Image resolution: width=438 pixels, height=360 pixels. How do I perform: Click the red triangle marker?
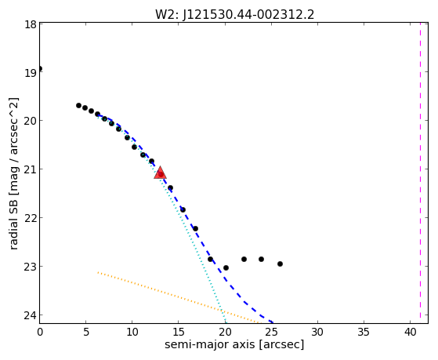(x=160, y=173)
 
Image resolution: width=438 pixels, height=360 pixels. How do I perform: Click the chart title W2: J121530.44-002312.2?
(x=234, y=15)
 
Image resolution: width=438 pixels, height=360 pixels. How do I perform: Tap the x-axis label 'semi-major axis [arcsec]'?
(x=234, y=344)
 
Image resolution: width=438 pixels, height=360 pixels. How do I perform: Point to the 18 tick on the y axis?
(x=31, y=24)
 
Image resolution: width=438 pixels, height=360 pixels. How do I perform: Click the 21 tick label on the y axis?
(x=31, y=169)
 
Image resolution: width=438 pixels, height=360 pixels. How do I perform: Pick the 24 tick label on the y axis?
(x=31, y=315)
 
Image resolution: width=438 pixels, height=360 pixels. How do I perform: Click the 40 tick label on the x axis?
(x=410, y=333)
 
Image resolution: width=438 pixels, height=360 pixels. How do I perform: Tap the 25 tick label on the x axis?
(x=271, y=333)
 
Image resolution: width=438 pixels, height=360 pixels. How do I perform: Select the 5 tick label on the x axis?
(x=86, y=333)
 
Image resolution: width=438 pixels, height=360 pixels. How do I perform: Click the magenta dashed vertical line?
(x=420, y=173)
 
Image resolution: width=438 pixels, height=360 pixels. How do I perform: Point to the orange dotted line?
(x=178, y=297)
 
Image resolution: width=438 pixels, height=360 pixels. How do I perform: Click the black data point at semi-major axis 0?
(x=40, y=68)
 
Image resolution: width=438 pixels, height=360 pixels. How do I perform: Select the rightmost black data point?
(x=280, y=264)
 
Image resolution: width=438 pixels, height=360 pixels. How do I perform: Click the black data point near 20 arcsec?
(x=226, y=267)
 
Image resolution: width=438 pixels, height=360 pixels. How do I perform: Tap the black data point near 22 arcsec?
(x=244, y=259)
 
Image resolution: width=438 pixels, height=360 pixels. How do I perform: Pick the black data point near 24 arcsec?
(x=261, y=259)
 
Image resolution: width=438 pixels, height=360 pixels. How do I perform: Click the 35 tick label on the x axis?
(x=364, y=333)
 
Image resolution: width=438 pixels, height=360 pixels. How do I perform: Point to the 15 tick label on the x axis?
(x=179, y=333)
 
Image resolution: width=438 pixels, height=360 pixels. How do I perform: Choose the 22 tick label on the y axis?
(x=31, y=217)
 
